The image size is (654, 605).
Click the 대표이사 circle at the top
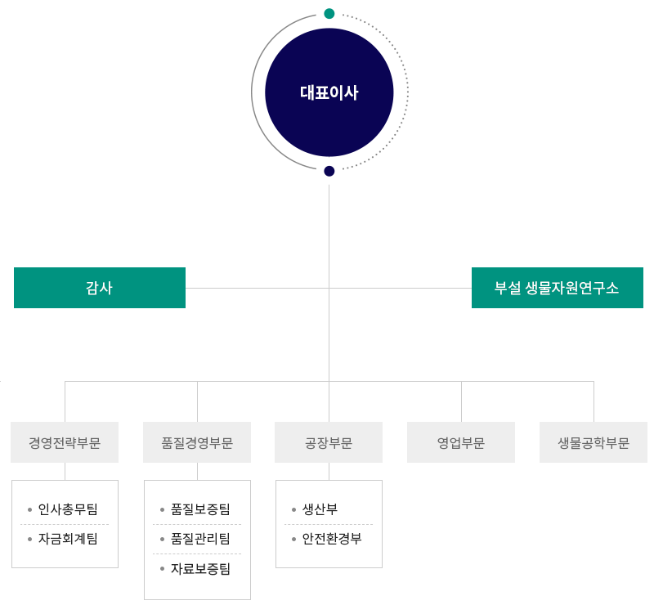329,92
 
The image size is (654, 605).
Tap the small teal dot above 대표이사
329,14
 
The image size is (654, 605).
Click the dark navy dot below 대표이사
329,171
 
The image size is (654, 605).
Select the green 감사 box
100,288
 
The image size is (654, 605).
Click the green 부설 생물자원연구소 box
557,288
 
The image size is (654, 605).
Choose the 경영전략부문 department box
65,443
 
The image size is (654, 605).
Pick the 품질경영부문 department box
197,443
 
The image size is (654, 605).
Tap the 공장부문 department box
329,443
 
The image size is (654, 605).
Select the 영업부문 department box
461,443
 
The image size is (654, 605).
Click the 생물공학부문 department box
594,443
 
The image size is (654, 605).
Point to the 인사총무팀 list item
67,510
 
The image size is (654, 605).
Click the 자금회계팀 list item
67,539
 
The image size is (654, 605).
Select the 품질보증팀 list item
200,510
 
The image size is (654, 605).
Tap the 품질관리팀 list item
200,539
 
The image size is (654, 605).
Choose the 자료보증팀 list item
200,568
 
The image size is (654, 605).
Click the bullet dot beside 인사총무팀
30,510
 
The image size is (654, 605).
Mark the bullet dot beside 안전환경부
294,539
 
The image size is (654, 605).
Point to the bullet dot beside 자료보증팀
163,568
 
